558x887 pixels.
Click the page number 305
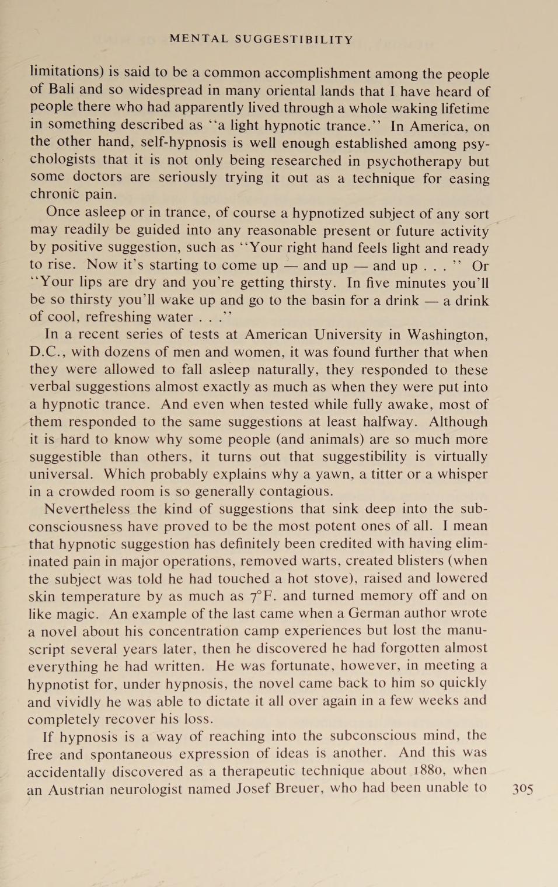pyautogui.click(x=522, y=789)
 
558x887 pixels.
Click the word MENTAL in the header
pyautogui.click(x=199, y=39)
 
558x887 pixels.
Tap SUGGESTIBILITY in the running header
pyautogui.click(x=294, y=40)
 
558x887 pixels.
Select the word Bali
pyautogui.click(x=61, y=89)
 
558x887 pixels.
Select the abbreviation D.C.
pyautogui.click(x=47, y=352)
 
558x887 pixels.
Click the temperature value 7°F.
pyautogui.click(x=263, y=596)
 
